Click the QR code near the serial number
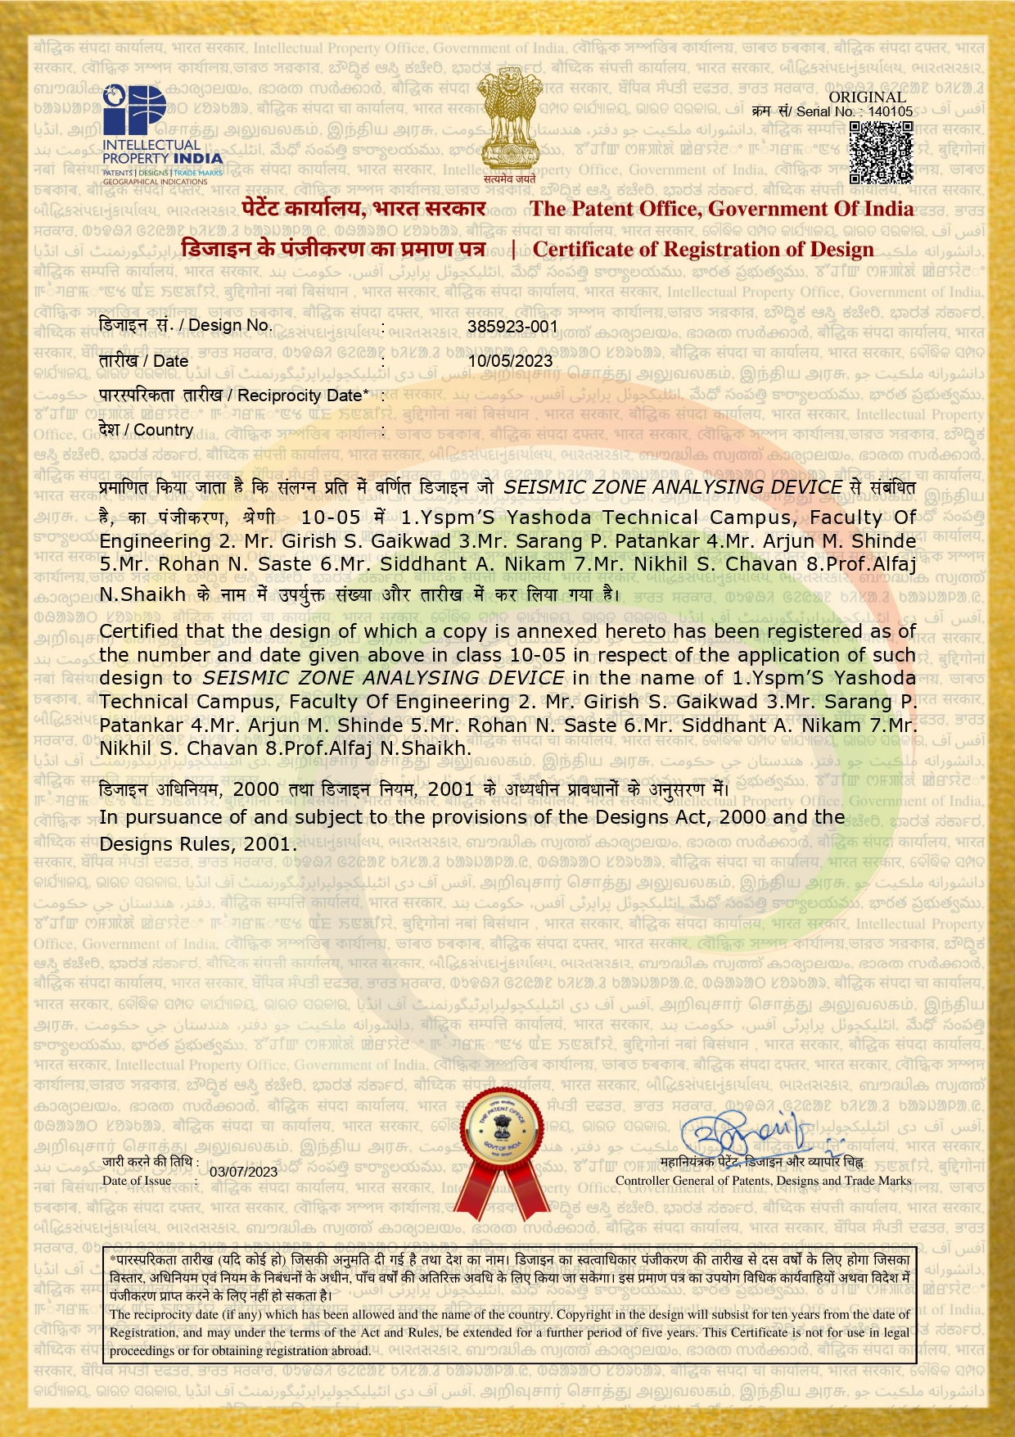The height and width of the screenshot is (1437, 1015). (x=881, y=151)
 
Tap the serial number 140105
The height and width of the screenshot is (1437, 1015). (x=890, y=111)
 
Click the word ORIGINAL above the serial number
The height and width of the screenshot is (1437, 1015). (x=867, y=97)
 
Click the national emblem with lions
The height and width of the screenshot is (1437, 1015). (x=508, y=123)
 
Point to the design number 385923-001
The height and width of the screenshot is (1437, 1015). (x=512, y=326)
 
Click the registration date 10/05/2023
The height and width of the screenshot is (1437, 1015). (x=510, y=361)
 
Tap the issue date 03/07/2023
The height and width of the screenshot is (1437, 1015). (x=243, y=1172)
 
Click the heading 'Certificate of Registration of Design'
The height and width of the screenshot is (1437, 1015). (x=703, y=249)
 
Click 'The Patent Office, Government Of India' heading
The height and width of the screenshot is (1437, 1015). (x=721, y=209)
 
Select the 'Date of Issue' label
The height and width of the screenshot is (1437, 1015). (x=137, y=1181)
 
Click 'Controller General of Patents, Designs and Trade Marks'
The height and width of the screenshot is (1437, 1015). (x=763, y=1181)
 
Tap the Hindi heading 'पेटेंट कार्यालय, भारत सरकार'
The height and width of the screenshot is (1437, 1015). (x=364, y=209)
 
